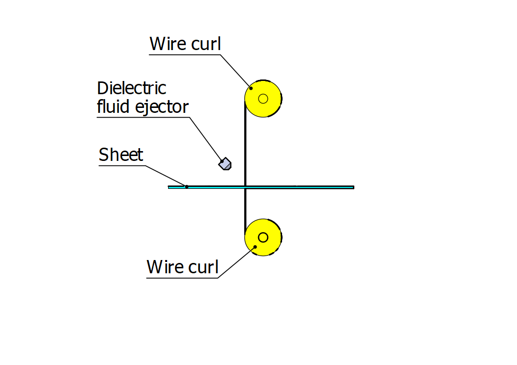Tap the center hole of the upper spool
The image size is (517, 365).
(x=263, y=99)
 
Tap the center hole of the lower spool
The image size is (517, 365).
(x=263, y=237)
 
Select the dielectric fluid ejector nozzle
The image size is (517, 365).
(x=225, y=163)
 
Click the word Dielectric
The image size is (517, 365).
(x=131, y=88)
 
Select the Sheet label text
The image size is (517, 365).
(x=121, y=155)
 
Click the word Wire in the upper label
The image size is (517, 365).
(x=168, y=44)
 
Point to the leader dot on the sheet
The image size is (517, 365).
(x=186, y=186)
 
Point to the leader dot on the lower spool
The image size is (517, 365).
(x=255, y=247)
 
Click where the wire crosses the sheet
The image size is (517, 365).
(x=245, y=187)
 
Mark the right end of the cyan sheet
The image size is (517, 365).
(x=353, y=187)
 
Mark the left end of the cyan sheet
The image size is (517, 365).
(x=169, y=187)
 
